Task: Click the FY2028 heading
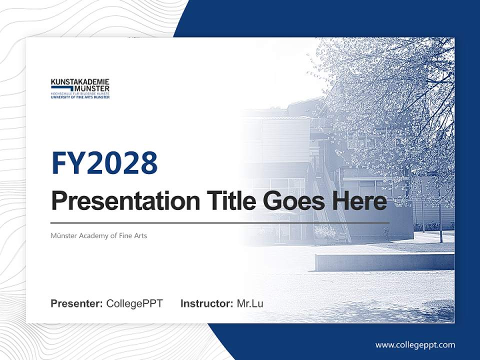[x=104, y=163]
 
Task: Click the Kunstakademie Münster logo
[x=80, y=88]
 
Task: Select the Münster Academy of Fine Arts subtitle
[x=98, y=235]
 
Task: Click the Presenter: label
[x=77, y=303]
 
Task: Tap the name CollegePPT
[x=134, y=303]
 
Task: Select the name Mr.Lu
[x=250, y=303]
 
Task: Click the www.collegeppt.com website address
[x=415, y=345]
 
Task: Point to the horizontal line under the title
[x=220, y=222]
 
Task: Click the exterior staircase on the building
[x=332, y=205]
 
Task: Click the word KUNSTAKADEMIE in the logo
[x=80, y=82]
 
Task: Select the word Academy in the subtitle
[x=92, y=235]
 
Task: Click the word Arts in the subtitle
[x=140, y=235]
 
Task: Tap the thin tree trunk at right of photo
[x=440, y=220]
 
